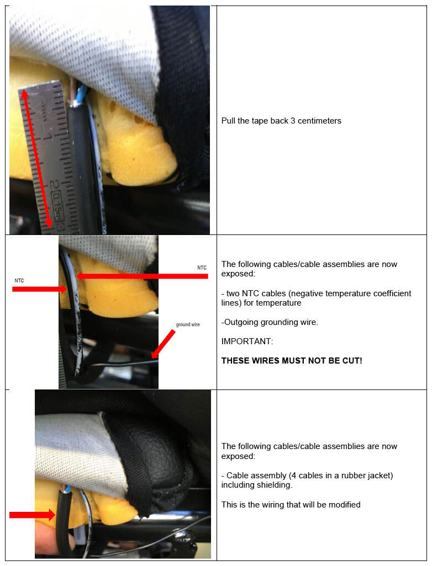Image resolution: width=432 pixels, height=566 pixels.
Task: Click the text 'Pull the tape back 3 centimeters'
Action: (281, 121)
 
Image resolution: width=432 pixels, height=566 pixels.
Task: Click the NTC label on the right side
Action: (202, 268)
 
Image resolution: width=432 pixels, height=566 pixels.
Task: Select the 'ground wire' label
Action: (188, 324)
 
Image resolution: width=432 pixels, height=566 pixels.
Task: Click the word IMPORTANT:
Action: (247, 341)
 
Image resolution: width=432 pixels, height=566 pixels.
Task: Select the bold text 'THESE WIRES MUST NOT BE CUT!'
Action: (292, 361)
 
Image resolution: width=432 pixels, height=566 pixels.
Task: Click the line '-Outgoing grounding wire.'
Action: (270, 322)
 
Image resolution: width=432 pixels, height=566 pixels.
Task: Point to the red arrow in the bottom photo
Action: (32, 515)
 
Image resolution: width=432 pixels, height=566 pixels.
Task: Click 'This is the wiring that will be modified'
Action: (291, 504)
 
